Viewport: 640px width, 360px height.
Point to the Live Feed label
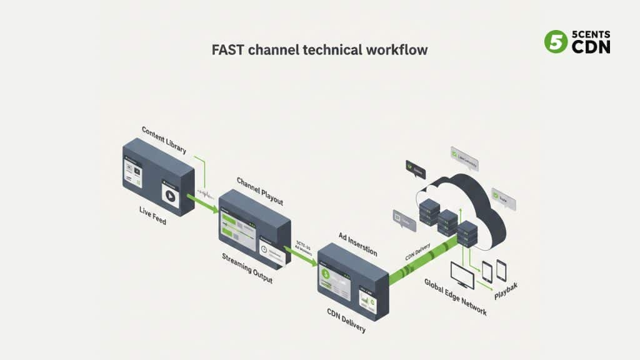[152, 216]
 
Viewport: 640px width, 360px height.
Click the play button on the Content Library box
[169, 195]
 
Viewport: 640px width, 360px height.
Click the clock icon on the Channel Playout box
[265, 249]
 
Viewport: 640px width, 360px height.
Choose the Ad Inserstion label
[357, 244]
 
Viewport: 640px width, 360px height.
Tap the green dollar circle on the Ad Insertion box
[325, 274]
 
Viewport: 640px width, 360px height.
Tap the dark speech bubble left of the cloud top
[416, 168]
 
